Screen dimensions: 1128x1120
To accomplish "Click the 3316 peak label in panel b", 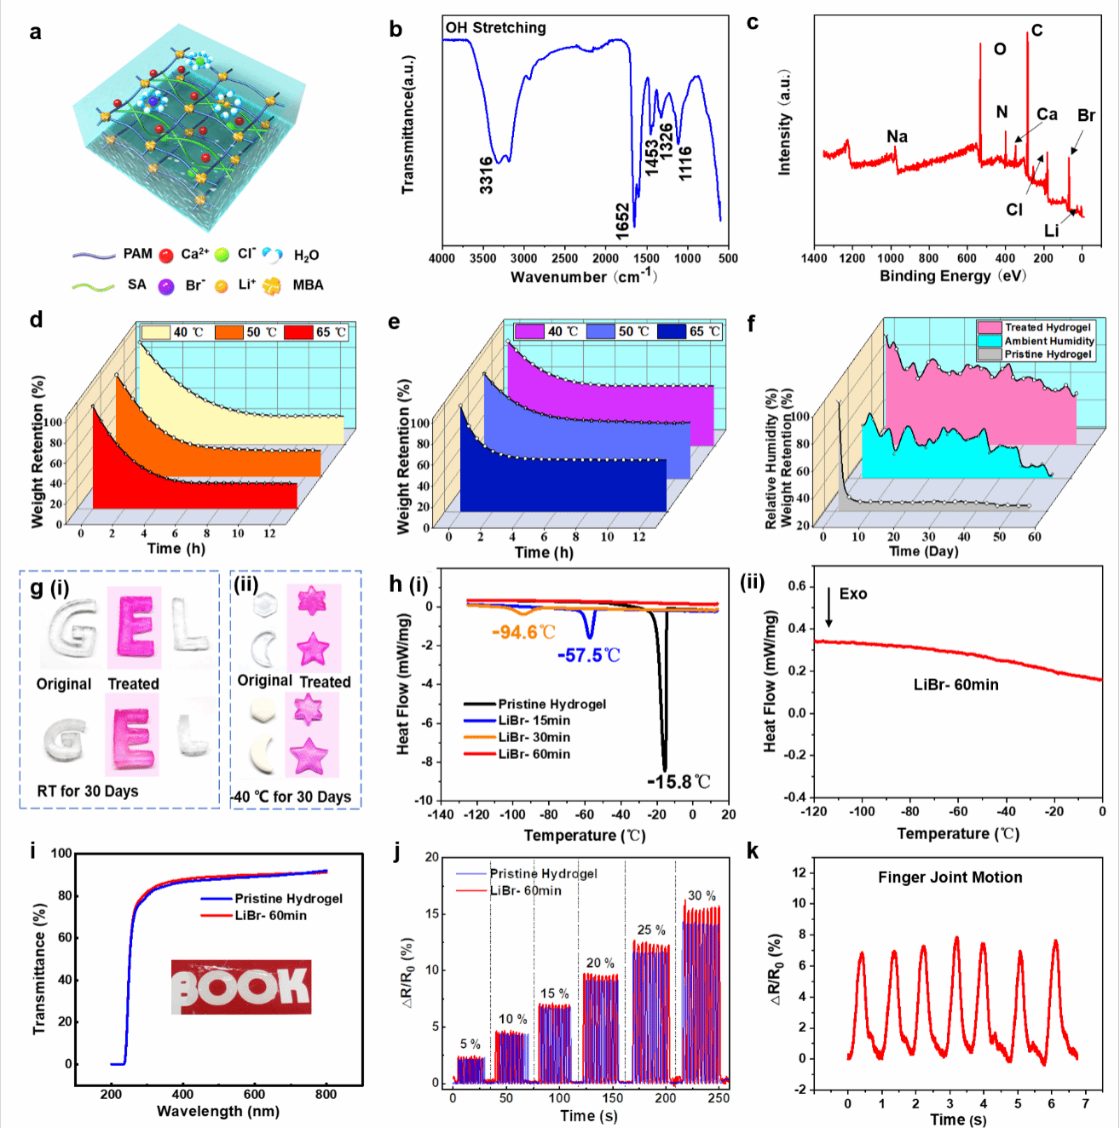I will [x=486, y=176].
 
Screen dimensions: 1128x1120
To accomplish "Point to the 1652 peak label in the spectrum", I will [x=623, y=222].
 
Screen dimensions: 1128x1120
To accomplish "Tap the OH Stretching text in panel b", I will [x=495, y=28].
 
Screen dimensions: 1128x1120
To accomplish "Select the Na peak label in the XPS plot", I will [x=897, y=136].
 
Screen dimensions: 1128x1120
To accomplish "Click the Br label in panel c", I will [x=1086, y=115].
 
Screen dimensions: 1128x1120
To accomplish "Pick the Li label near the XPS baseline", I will [x=1051, y=231].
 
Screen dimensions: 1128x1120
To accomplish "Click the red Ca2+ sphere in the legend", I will [x=166, y=255].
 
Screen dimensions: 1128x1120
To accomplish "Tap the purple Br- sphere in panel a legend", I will [x=166, y=286].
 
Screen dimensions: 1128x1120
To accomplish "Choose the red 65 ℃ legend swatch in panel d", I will [x=298, y=331].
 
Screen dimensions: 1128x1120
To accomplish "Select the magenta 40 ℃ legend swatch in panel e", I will [x=528, y=331].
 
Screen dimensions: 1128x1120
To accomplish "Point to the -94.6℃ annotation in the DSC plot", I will [x=523, y=632].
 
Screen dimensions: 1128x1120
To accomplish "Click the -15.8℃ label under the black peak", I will [x=678, y=782].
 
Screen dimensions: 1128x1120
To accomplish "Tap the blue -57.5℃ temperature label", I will [x=589, y=655].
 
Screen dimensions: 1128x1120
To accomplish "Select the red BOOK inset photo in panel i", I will [x=241, y=987].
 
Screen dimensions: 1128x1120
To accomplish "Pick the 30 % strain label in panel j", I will [x=701, y=895].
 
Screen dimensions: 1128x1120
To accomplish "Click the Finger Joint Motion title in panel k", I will [x=950, y=878].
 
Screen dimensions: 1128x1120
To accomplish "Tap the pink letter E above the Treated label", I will [x=134, y=629].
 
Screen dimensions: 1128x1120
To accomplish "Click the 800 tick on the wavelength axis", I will [x=326, y=1094].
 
